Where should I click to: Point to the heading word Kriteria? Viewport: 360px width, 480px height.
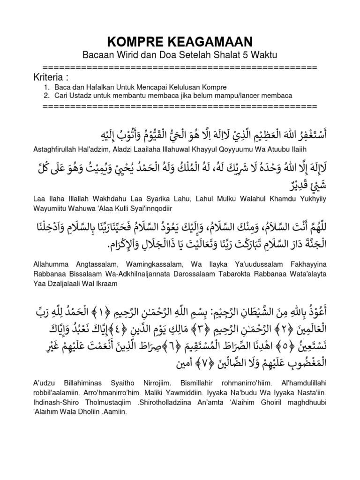coord(51,77)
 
